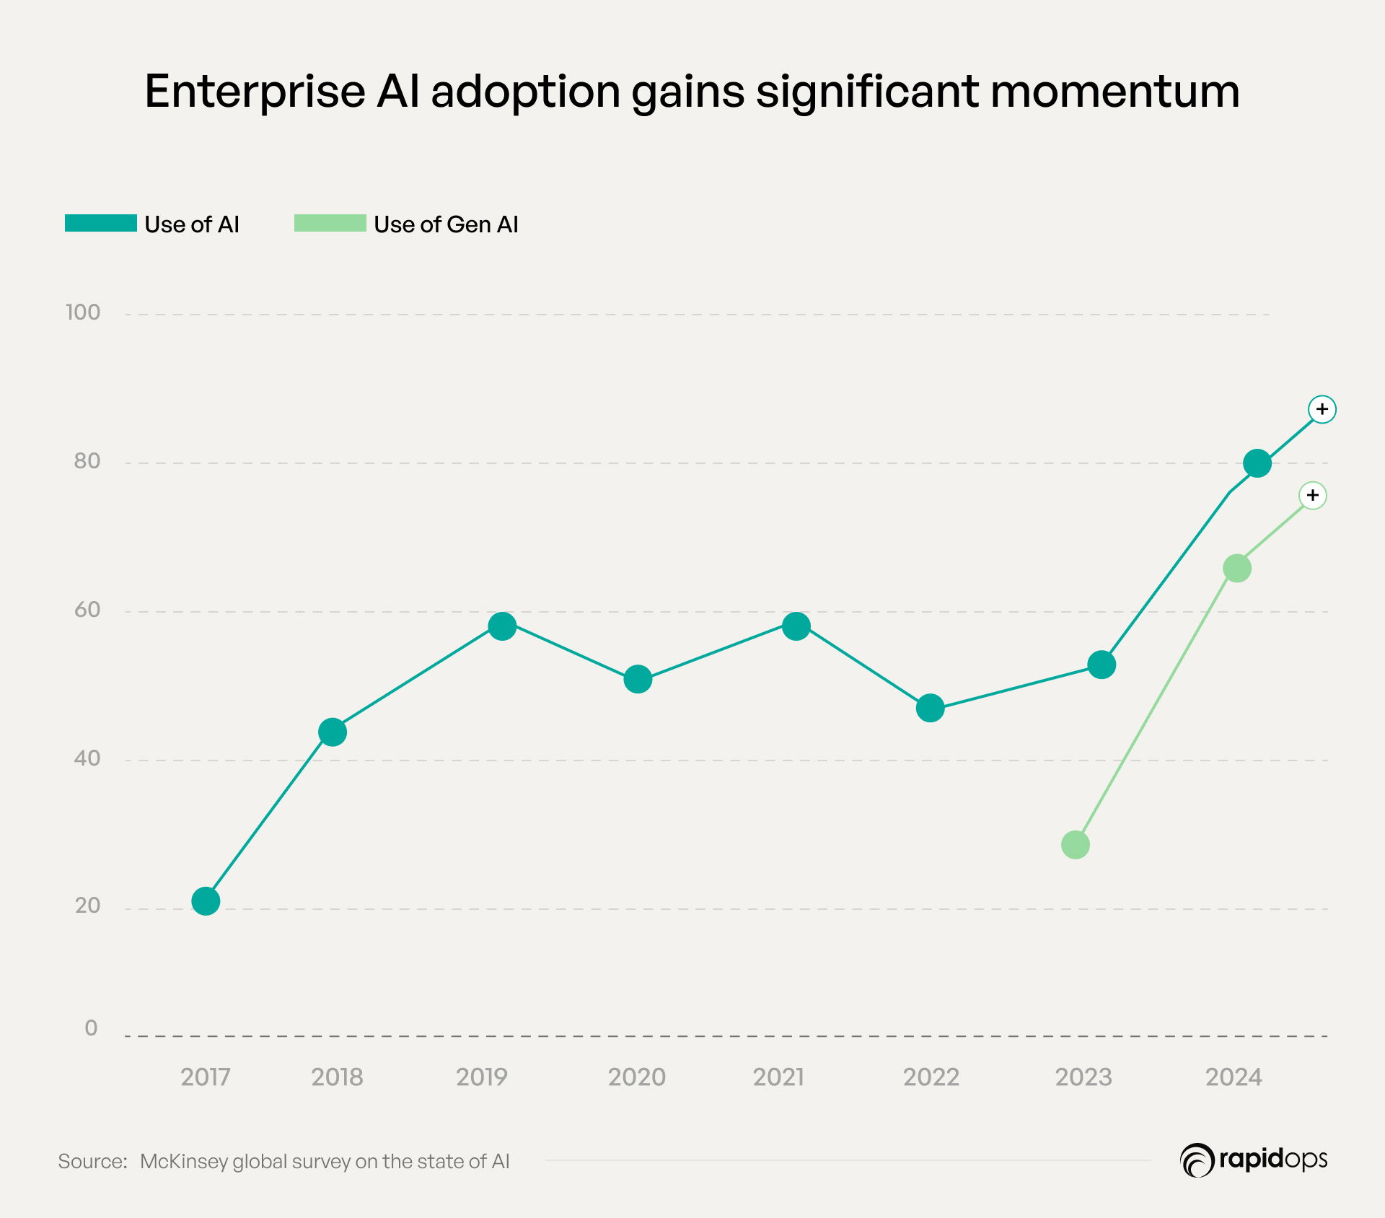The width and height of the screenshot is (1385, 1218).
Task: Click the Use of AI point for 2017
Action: [x=206, y=901]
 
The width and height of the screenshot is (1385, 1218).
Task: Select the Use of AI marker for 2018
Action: [x=333, y=732]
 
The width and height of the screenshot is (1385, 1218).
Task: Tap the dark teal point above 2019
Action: [x=502, y=626]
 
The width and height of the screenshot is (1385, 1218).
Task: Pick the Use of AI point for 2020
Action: [x=638, y=679]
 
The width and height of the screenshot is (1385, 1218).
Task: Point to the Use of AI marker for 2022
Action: [x=930, y=709]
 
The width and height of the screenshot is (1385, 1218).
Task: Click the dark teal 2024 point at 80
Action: [x=1257, y=463]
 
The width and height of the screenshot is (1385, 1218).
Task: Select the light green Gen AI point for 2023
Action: [x=1076, y=845]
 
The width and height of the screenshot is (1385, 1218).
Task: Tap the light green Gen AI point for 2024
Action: [x=1237, y=569]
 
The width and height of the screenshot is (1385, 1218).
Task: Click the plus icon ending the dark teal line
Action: [x=1322, y=409]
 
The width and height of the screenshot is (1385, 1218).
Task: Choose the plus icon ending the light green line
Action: [x=1313, y=495]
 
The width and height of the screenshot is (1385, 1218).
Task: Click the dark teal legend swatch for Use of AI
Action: [x=101, y=224]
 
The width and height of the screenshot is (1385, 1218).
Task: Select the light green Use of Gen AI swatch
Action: [x=330, y=224]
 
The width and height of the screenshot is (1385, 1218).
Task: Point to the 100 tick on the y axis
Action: [x=83, y=312]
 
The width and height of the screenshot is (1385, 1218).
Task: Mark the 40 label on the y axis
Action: [x=87, y=758]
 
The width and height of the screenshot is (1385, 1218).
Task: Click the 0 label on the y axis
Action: [x=91, y=1028]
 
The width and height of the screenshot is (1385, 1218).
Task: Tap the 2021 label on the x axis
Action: [x=778, y=1077]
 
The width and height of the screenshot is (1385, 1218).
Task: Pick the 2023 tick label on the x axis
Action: [x=1083, y=1077]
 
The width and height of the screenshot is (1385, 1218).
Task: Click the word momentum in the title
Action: [x=1114, y=92]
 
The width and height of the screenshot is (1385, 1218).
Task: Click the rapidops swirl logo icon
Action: [x=1197, y=1160]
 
